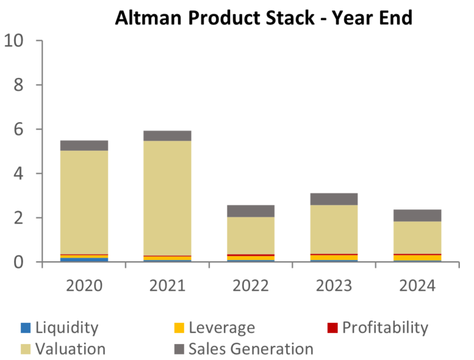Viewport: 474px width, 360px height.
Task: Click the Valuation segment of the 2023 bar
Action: click(x=334, y=229)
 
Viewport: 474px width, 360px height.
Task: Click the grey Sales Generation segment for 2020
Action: click(x=84, y=146)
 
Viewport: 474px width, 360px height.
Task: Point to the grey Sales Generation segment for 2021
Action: click(x=167, y=136)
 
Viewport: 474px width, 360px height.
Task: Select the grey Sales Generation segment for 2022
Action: click(x=251, y=211)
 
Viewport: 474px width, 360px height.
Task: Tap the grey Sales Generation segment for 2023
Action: click(x=334, y=199)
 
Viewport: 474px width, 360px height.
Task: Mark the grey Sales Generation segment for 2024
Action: click(x=417, y=216)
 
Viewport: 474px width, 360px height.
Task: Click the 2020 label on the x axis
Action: click(x=84, y=286)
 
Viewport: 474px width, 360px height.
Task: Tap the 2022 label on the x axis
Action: click(x=251, y=286)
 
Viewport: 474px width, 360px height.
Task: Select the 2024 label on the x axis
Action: click(x=417, y=286)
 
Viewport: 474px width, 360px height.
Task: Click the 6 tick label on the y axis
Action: click(x=18, y=130)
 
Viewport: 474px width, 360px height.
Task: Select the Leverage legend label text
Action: click(x=222, y=327)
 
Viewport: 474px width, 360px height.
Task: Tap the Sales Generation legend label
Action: click(x=251, y=349)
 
